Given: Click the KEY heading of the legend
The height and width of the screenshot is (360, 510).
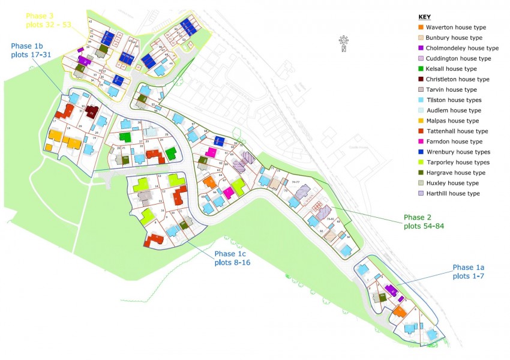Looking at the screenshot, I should (424, 17).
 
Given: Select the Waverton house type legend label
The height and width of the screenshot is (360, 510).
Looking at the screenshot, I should (456, 28).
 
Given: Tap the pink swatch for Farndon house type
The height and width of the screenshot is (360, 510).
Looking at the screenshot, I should (420, 142).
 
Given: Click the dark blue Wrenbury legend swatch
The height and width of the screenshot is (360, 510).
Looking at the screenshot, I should (420, 152).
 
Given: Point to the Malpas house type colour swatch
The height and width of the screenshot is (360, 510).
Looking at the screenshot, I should (420, 121).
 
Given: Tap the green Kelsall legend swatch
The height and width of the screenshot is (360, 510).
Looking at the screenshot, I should (420, 69).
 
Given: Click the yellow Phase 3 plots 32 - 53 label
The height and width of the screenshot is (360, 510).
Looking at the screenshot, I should (48, 20).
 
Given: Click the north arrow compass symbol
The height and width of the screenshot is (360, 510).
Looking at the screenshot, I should (343, 43).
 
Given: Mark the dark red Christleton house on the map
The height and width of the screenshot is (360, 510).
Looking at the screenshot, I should (91, 112).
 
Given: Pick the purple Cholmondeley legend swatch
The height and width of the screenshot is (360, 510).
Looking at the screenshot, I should (420, 48).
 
